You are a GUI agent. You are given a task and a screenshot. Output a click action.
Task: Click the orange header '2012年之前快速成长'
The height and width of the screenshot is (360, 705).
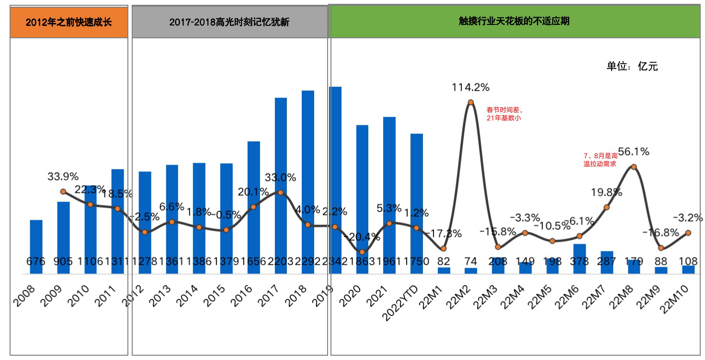point(69,22)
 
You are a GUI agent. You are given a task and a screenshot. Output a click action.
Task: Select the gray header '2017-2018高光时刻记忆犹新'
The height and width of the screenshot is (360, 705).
point(229,22)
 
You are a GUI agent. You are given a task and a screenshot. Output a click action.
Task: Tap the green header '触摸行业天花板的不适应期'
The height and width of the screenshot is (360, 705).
point(514,22)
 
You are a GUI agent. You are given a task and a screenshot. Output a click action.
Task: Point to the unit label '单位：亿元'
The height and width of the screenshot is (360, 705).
point(632,67)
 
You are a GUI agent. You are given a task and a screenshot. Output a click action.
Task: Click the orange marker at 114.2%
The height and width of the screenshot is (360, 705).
point(471,102)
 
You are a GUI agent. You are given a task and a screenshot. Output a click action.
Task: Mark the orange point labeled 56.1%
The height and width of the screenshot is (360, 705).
point(634,167)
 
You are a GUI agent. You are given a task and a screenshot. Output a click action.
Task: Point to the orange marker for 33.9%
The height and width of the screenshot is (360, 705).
point(63,191)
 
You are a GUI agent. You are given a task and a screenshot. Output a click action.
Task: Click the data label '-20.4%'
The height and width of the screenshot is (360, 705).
point(362,237)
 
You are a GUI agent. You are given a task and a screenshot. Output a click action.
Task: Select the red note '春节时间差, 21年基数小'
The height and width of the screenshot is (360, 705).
point(503,114)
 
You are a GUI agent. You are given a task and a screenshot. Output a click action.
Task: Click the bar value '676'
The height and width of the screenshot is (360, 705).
point(36,262)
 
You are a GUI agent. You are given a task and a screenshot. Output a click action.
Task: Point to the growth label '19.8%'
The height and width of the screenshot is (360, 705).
point(606,192)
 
